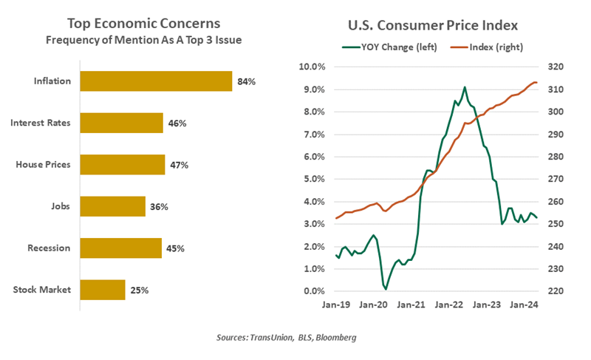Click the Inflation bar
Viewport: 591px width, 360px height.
pos(155,81)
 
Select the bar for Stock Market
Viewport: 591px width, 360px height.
pos(102,290)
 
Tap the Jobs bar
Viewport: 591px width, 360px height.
pos(112,206)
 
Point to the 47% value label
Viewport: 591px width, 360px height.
pos(179,165)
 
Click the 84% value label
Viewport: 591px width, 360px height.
pos(246,81)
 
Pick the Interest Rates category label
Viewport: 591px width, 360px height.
pos(41,123)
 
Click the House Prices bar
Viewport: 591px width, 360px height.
pos(122,164)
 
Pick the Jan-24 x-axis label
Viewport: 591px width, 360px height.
pos(525,304)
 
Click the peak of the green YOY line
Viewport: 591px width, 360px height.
pos(465,87)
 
